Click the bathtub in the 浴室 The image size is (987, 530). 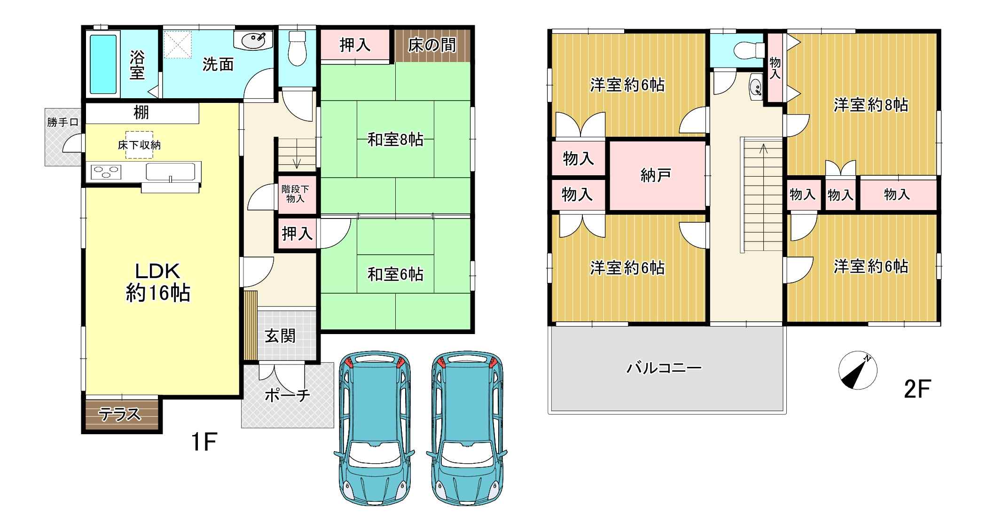(103, 64)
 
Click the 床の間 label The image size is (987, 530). (432, 45)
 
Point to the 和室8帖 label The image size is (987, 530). (395, 140)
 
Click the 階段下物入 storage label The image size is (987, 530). (296, 194)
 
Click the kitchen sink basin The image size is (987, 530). (170, 171)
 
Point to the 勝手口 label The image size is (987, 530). (62, 123)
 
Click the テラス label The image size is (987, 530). (119, 414)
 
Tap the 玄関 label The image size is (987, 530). (280, 336)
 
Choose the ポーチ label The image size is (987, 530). (288, 395)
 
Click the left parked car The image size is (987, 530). (375, 428)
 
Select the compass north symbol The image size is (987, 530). (858, 370)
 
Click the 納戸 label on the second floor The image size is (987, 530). (656, 175)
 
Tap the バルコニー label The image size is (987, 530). (664, 367)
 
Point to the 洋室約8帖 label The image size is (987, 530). (871, 105)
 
